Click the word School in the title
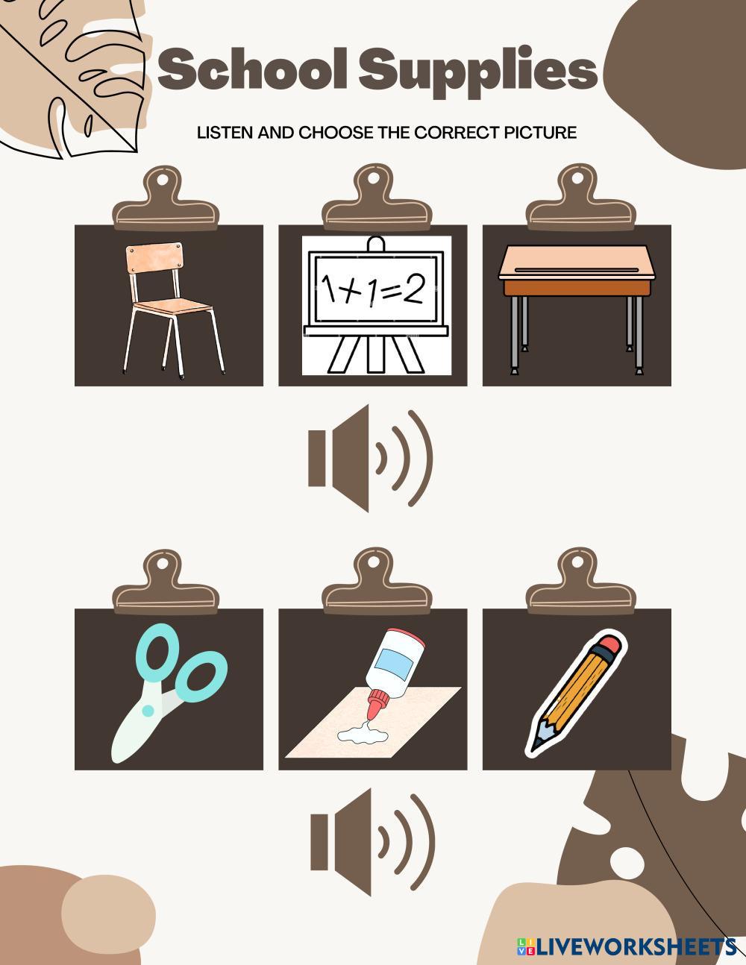tap(252, 69)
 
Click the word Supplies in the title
tap(477, 73)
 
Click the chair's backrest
tap(154, 256)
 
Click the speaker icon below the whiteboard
tap(370, 458)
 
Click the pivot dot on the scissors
tap(148, 711)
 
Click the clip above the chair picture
tap(166, 199)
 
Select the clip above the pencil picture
tap(581, 582)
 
